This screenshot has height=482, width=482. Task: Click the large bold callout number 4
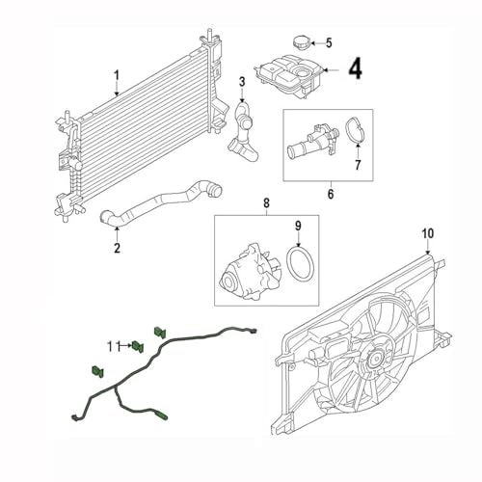(355, 69)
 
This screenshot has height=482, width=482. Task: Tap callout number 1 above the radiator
(117, 75)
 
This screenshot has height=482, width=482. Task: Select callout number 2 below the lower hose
(117, 248)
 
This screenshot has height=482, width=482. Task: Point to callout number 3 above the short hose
(242, 82)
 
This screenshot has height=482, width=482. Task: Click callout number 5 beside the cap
(329, 42)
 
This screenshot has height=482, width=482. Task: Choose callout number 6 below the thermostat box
(331, 194)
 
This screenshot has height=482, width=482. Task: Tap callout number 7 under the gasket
(358, 165)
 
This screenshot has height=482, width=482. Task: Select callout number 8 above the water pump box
(266, 203)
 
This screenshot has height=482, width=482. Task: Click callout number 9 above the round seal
(298, 226)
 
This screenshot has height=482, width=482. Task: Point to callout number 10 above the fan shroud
(428, 233)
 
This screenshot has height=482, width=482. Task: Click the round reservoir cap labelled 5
(301, 43)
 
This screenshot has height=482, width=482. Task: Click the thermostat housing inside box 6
(312, 140)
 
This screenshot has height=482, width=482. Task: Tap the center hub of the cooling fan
(375, 358)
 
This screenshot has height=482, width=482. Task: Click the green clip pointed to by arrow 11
(138, 346)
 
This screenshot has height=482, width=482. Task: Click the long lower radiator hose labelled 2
(161, 201)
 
